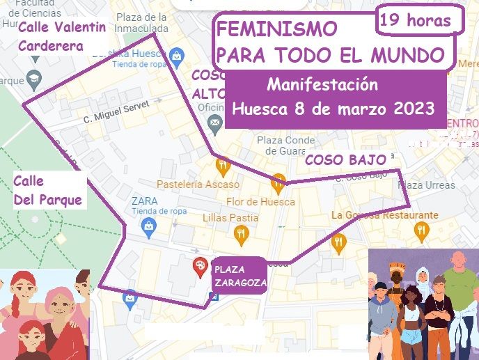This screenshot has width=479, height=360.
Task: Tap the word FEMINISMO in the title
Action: pos(277,29)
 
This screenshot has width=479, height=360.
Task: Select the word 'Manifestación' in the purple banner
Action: pos(322,86)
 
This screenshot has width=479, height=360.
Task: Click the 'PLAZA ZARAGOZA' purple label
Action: pos(237,276)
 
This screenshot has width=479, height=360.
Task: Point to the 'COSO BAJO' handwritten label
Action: pos(345,160)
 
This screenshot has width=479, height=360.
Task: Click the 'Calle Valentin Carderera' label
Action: pos(62,37)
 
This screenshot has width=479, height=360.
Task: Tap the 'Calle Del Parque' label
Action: pos(47,190)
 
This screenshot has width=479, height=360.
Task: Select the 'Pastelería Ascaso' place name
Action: pos(198,185)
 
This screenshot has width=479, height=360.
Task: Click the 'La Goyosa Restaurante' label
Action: pos(385,215)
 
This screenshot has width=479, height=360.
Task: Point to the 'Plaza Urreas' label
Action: pos(426,185)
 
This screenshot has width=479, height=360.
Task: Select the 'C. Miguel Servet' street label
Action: pos(116,114)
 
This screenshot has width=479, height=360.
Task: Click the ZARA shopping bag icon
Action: pos(148,224)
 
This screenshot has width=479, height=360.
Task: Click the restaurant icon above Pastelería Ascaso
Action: pos(223,166)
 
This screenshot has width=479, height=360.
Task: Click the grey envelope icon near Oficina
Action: pos(214,123)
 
